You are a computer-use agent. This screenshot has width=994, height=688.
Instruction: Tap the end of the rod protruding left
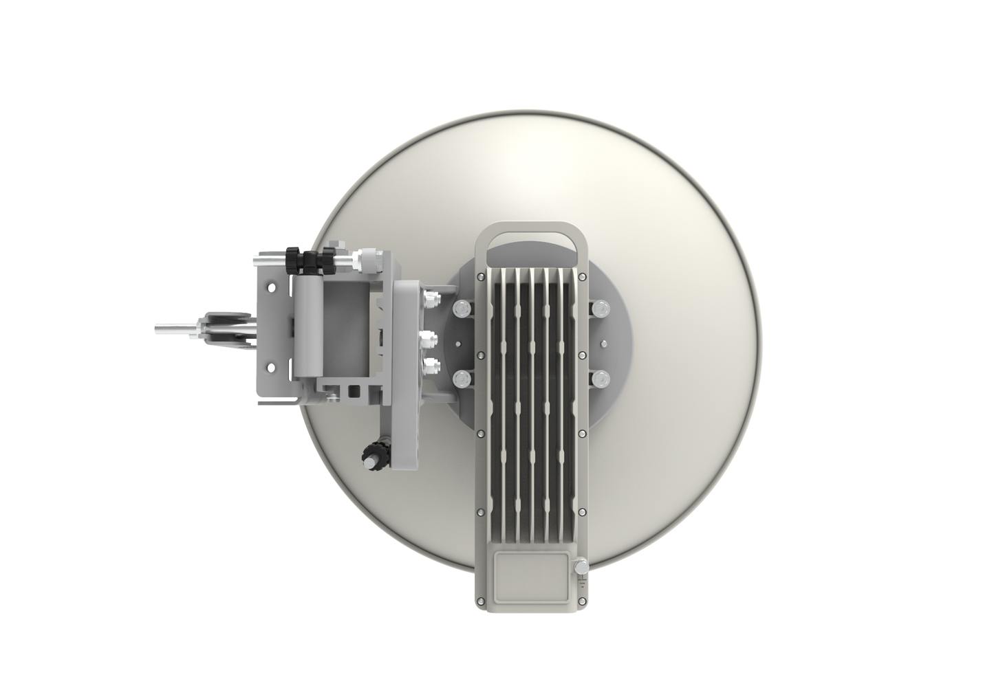pos(157,329)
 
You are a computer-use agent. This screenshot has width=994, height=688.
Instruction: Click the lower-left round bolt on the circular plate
pos(460,377)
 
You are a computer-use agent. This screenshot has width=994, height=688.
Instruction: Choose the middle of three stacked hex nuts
pos(432,337)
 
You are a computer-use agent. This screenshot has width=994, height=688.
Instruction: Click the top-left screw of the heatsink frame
pos(479,276)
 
